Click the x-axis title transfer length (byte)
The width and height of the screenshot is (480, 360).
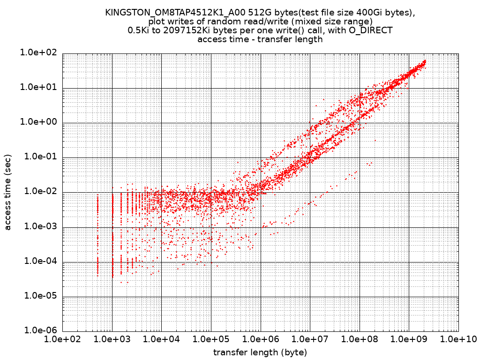(260, 352)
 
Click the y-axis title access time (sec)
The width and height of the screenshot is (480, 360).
(7, 192)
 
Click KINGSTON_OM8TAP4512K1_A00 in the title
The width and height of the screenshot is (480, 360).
(170, 13)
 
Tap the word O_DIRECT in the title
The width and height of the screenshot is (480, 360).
(370, 30)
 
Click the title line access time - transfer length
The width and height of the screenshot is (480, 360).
(260, 39)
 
